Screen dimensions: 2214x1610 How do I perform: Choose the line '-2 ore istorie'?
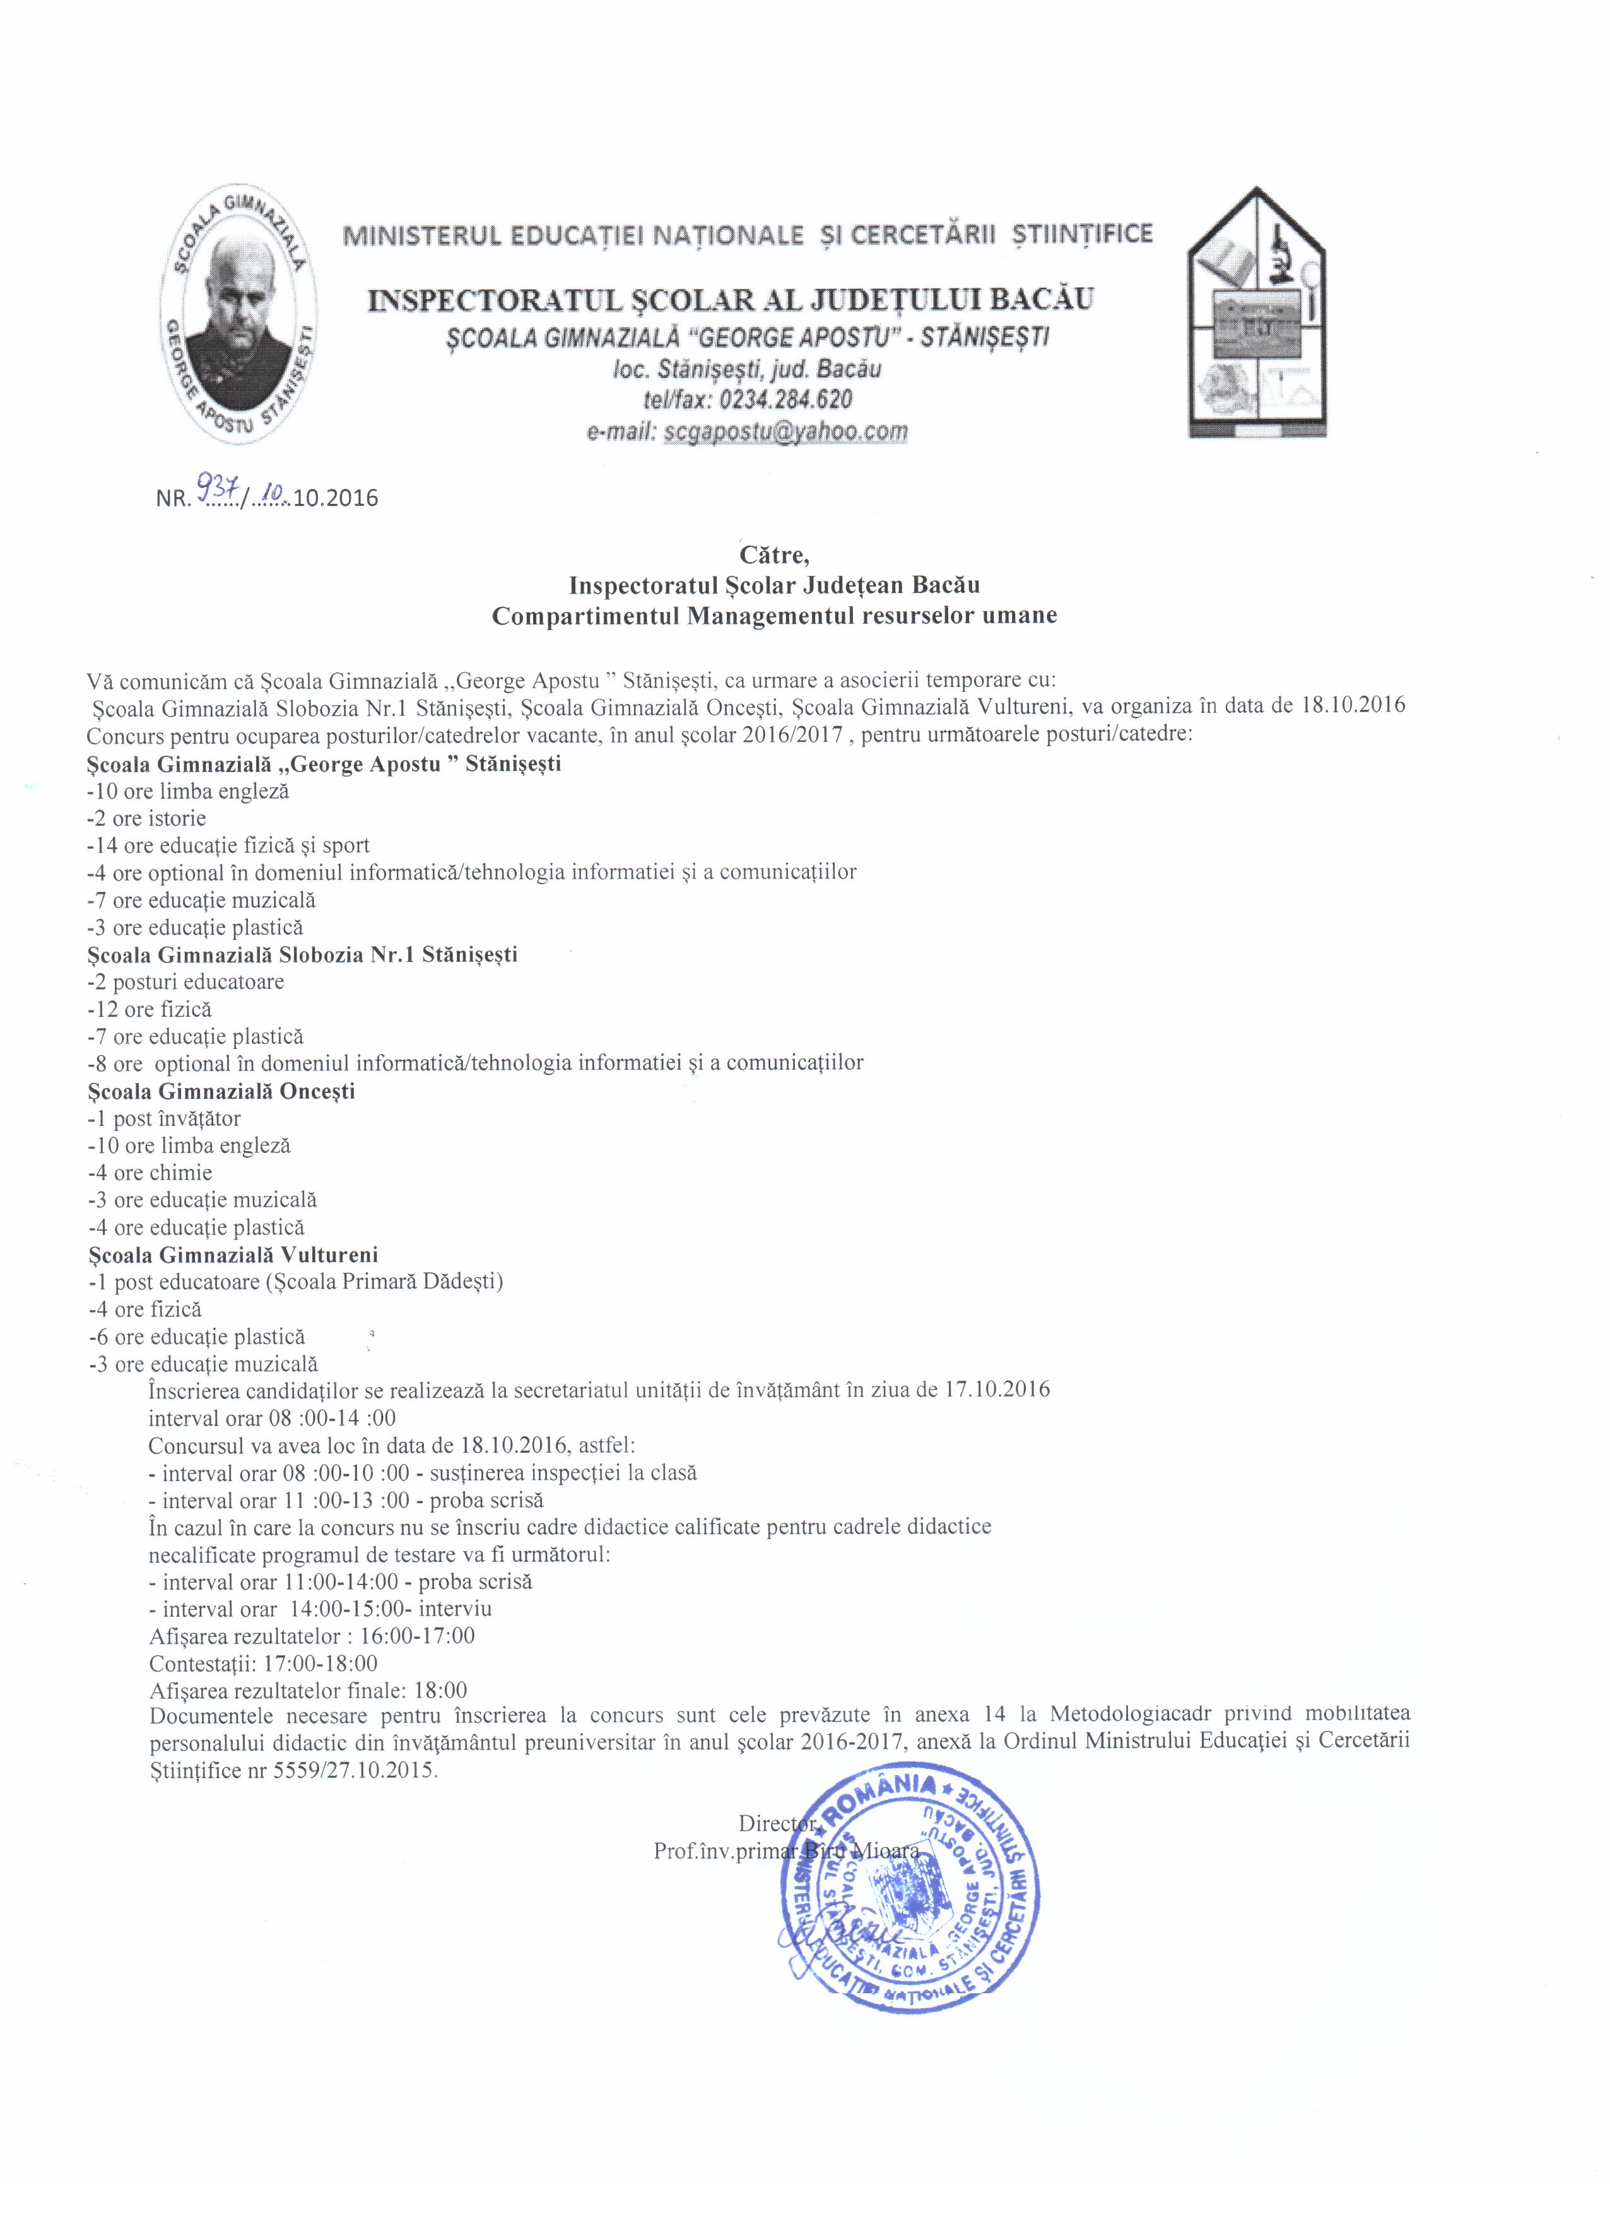click(146, 818)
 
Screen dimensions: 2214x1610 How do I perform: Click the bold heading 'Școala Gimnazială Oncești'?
click(221, 1091)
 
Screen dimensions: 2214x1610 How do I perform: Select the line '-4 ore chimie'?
click(150, 1173)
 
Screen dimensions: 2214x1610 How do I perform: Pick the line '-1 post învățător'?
click(164, 1119)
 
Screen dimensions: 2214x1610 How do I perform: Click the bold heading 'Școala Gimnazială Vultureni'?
click(232, 1255)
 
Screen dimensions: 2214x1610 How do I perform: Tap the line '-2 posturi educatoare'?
click(185, 982)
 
